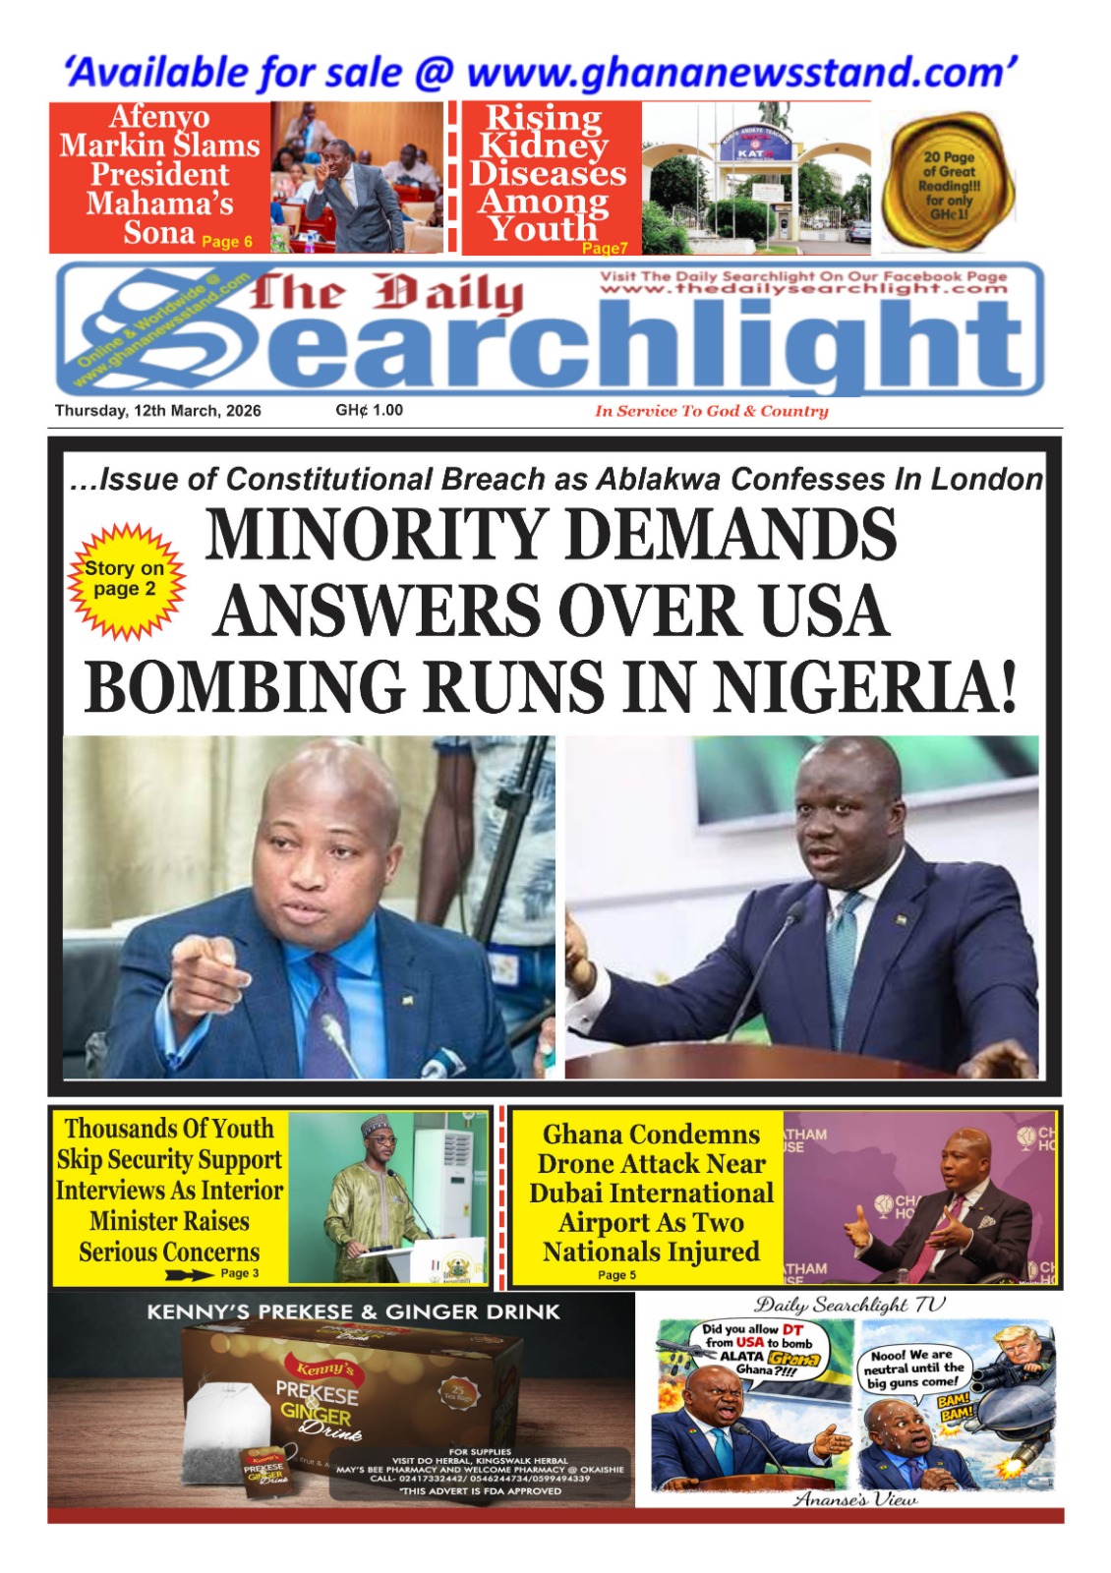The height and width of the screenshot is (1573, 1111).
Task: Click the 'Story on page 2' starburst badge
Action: (125, 580)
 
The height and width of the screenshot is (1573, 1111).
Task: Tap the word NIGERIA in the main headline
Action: (866, 686)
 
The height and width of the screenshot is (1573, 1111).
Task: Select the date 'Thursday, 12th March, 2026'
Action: (157, 411)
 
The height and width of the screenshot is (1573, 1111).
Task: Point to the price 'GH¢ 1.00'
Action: (369, 410)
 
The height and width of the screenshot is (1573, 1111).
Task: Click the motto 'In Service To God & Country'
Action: (711, 411)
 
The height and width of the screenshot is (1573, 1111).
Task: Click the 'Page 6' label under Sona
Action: (227, 242)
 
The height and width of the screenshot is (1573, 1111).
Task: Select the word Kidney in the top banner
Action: (544, 146)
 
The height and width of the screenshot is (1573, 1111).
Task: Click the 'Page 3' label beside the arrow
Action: (240, 1273)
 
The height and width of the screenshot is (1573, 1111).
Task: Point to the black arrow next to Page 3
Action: (189, 1274)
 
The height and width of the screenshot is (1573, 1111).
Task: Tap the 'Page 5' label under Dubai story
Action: (616, 1275)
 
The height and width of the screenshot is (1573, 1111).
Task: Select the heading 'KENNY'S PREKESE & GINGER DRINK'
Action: (353, 1311)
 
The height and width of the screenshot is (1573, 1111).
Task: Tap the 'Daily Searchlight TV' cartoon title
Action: (849, 1306)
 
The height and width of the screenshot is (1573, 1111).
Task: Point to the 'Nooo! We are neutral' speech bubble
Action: (914, 1368)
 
